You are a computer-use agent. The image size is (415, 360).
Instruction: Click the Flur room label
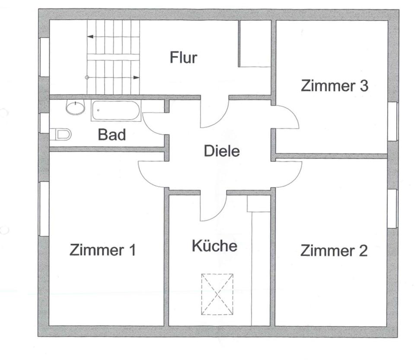[183, 57]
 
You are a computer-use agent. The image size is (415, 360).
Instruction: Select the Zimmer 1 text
[103, 250]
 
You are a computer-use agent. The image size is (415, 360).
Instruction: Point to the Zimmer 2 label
[334, 250]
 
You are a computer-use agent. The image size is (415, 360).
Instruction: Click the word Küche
[214, 246]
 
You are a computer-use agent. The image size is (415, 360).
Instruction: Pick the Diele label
[221, 152]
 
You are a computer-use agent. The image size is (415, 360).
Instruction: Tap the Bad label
[112, 135]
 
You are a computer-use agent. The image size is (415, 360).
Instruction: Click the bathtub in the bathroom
[116, 111]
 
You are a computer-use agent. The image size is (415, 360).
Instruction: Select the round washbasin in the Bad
[76, 107]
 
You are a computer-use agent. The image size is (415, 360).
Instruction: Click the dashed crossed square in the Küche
[217, 294]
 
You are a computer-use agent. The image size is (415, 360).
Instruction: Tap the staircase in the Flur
[114, 57]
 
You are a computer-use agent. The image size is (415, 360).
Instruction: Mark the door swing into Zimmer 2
[287, 174]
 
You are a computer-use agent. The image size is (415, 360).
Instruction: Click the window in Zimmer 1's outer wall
[44, 209]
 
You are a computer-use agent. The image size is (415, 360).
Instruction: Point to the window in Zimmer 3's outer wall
[393, 121]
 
